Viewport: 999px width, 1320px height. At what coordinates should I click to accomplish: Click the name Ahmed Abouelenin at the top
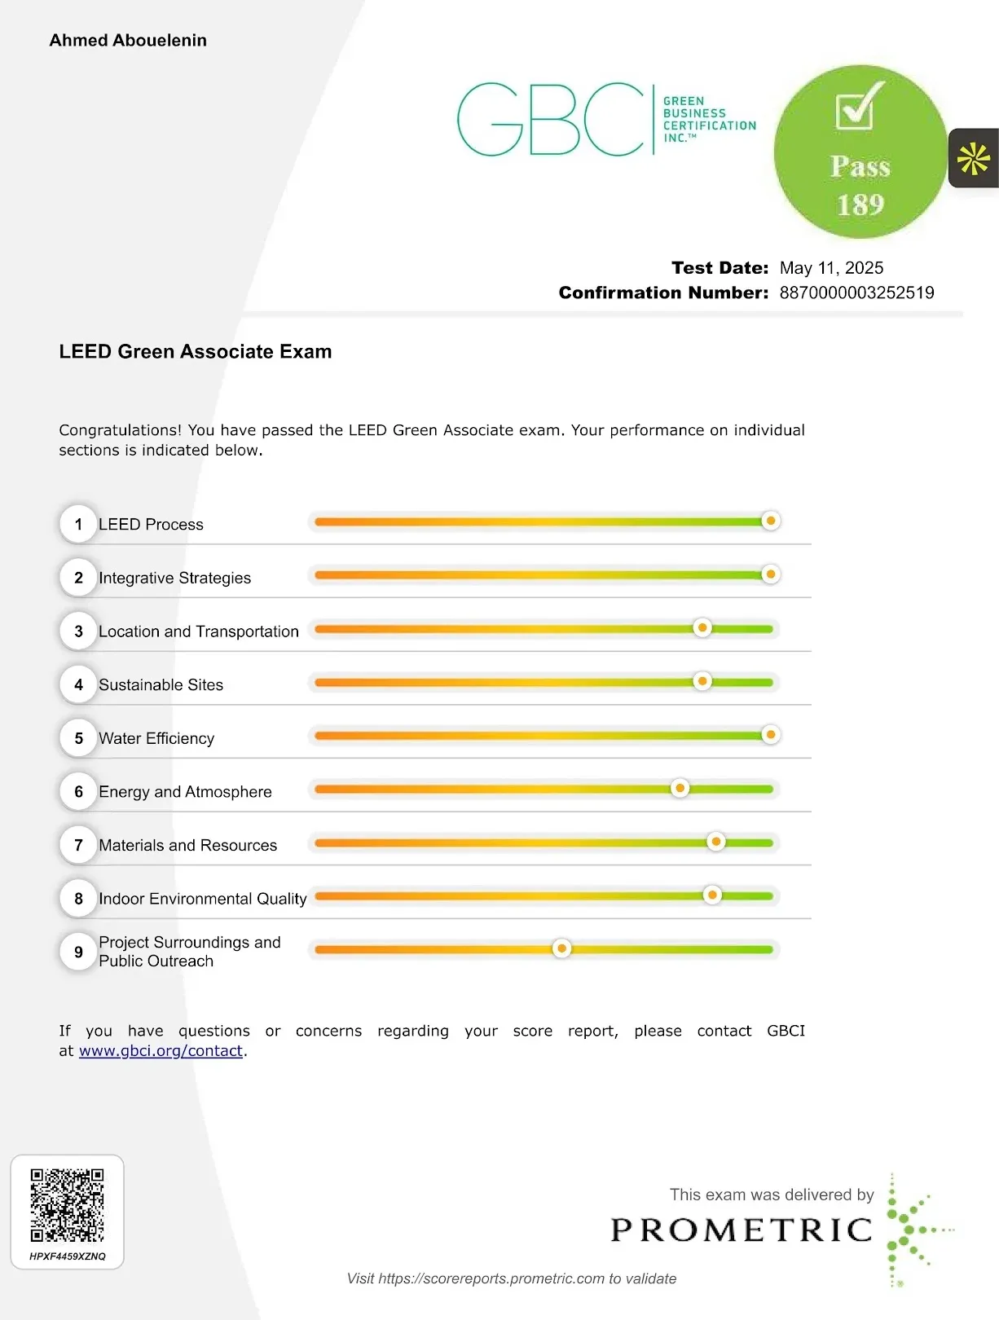click(128, 41)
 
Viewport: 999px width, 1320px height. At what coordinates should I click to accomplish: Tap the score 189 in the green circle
click(860, 204)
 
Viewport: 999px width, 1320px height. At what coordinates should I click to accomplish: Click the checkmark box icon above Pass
click(856, 107)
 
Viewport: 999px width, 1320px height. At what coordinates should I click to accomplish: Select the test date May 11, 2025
click(831, 268)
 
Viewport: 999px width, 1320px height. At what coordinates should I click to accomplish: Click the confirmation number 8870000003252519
click(856, 293)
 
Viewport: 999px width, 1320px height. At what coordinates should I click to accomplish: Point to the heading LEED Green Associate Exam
click(195, 352)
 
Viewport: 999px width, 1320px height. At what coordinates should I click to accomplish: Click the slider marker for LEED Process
click(770, 521)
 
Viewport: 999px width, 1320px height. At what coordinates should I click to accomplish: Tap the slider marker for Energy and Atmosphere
click(680, 788)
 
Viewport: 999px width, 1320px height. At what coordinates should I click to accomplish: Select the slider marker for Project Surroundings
click(561, 948)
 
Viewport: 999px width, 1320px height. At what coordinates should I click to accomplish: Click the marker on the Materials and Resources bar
click(715, 842)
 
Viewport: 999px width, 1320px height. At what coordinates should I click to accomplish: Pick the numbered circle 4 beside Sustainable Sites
click(78, 684)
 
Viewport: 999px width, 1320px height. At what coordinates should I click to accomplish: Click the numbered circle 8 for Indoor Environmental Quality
click(78, 899)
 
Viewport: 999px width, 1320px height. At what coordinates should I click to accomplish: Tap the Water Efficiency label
click(156, 738)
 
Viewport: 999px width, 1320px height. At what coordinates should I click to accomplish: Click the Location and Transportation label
click(199, 631)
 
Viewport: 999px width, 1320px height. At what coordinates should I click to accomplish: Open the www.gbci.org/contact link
click(161, 1051)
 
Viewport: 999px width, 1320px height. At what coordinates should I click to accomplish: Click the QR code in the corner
click(67, 1205)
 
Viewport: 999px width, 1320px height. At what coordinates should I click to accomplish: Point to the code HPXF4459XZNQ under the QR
click(67, 1256)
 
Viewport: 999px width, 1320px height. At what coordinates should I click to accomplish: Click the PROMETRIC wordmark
click(742, 1230)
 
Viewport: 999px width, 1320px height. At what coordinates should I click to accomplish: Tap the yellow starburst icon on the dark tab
click(974, 159)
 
